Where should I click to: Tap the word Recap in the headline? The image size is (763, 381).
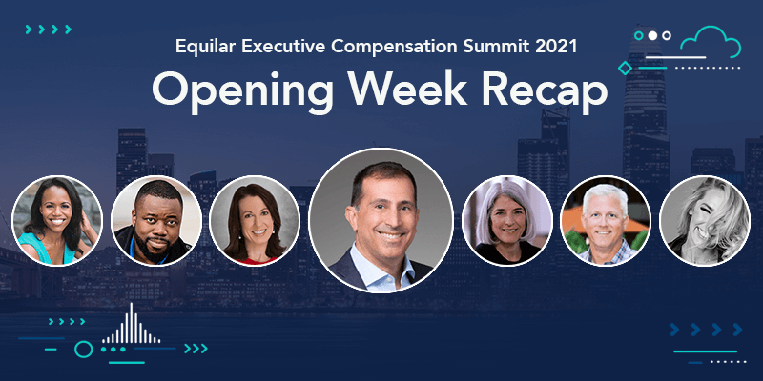click(545, 90)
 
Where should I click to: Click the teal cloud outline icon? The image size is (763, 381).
click(711, 43)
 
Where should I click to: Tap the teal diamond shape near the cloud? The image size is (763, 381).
click(625, 68)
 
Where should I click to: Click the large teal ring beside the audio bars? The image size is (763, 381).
click(84, 349)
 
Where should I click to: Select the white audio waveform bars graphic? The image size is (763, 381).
click(131, 324)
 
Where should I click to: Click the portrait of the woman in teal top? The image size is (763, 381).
click(57, 221)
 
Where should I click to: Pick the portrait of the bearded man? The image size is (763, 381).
click(156, 221)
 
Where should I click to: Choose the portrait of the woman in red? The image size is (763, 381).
click(255, 221)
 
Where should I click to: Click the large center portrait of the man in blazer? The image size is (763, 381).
click(381, 221)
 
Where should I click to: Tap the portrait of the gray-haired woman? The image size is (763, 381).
click(507, 221)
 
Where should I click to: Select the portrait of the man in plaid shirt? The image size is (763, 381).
click(606, 221)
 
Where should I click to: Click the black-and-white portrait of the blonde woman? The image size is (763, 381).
click(705, 221)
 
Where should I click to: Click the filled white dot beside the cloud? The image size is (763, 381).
click(652, 35)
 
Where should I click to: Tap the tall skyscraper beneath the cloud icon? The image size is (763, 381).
click(646, 122)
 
